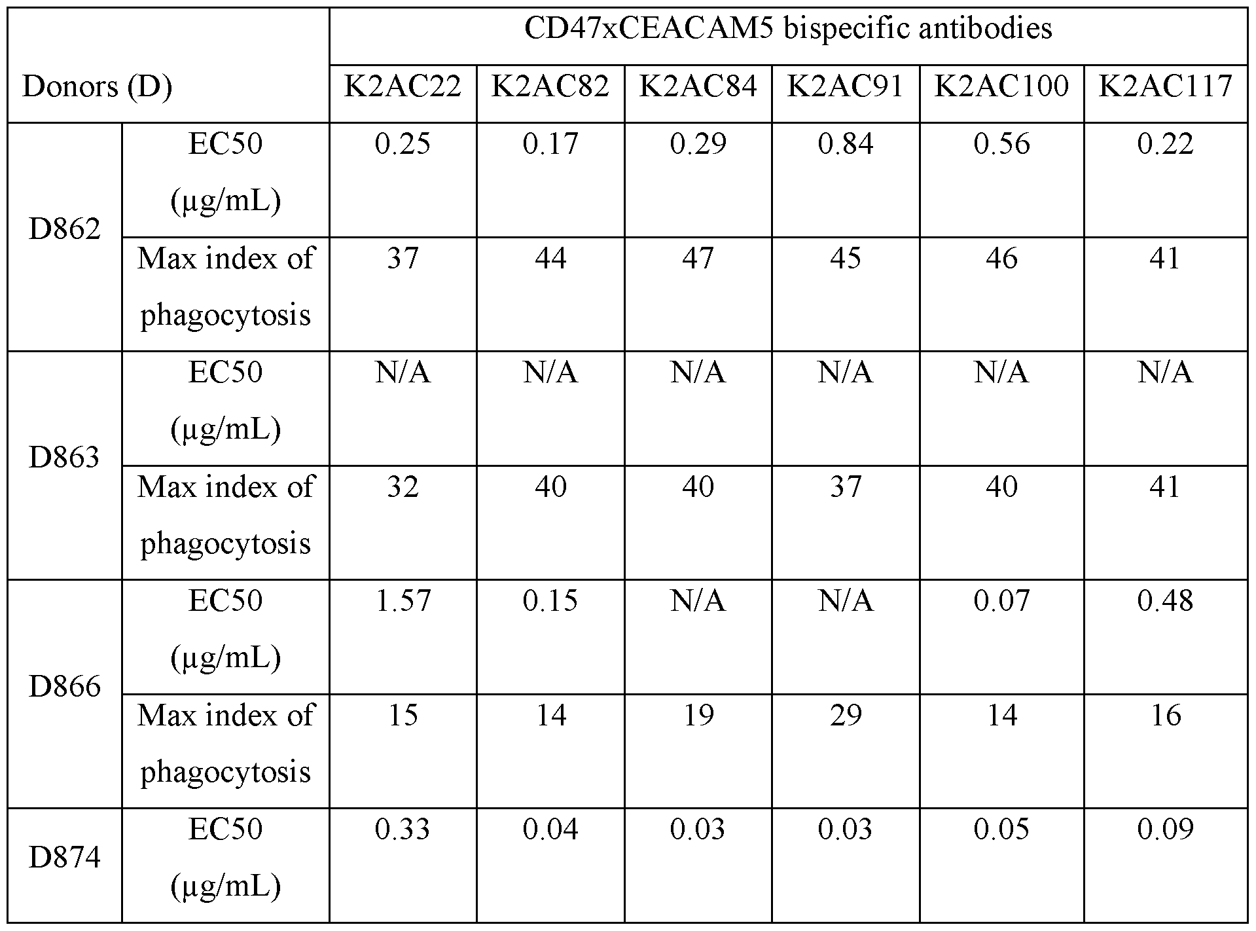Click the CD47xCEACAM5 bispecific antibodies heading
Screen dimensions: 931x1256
click(788, 29)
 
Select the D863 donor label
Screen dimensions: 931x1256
click(65, 458)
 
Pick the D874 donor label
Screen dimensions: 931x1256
click(65, 858)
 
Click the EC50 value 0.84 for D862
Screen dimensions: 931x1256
click(845, 144)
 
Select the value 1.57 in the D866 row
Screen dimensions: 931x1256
click(403, 601)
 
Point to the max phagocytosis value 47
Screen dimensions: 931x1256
click(698, 259)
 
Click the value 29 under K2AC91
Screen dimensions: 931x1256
click(845, 715)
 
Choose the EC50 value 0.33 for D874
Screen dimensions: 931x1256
click(403, 830)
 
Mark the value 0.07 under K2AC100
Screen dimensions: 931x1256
click(1001, 601)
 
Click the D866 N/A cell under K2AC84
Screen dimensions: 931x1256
click(698, 601)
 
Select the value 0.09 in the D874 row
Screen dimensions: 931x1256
click(1165, 830)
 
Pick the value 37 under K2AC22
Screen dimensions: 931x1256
click(403, 259)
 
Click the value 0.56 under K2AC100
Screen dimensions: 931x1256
click(1001, 144)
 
